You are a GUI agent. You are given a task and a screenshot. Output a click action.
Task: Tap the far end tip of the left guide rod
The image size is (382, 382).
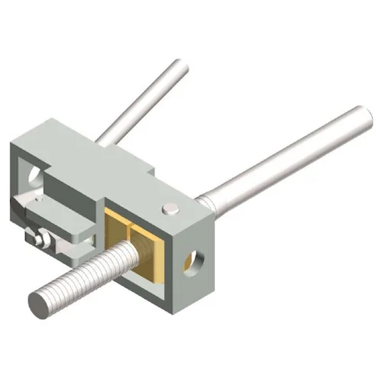(x=180, y=69)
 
